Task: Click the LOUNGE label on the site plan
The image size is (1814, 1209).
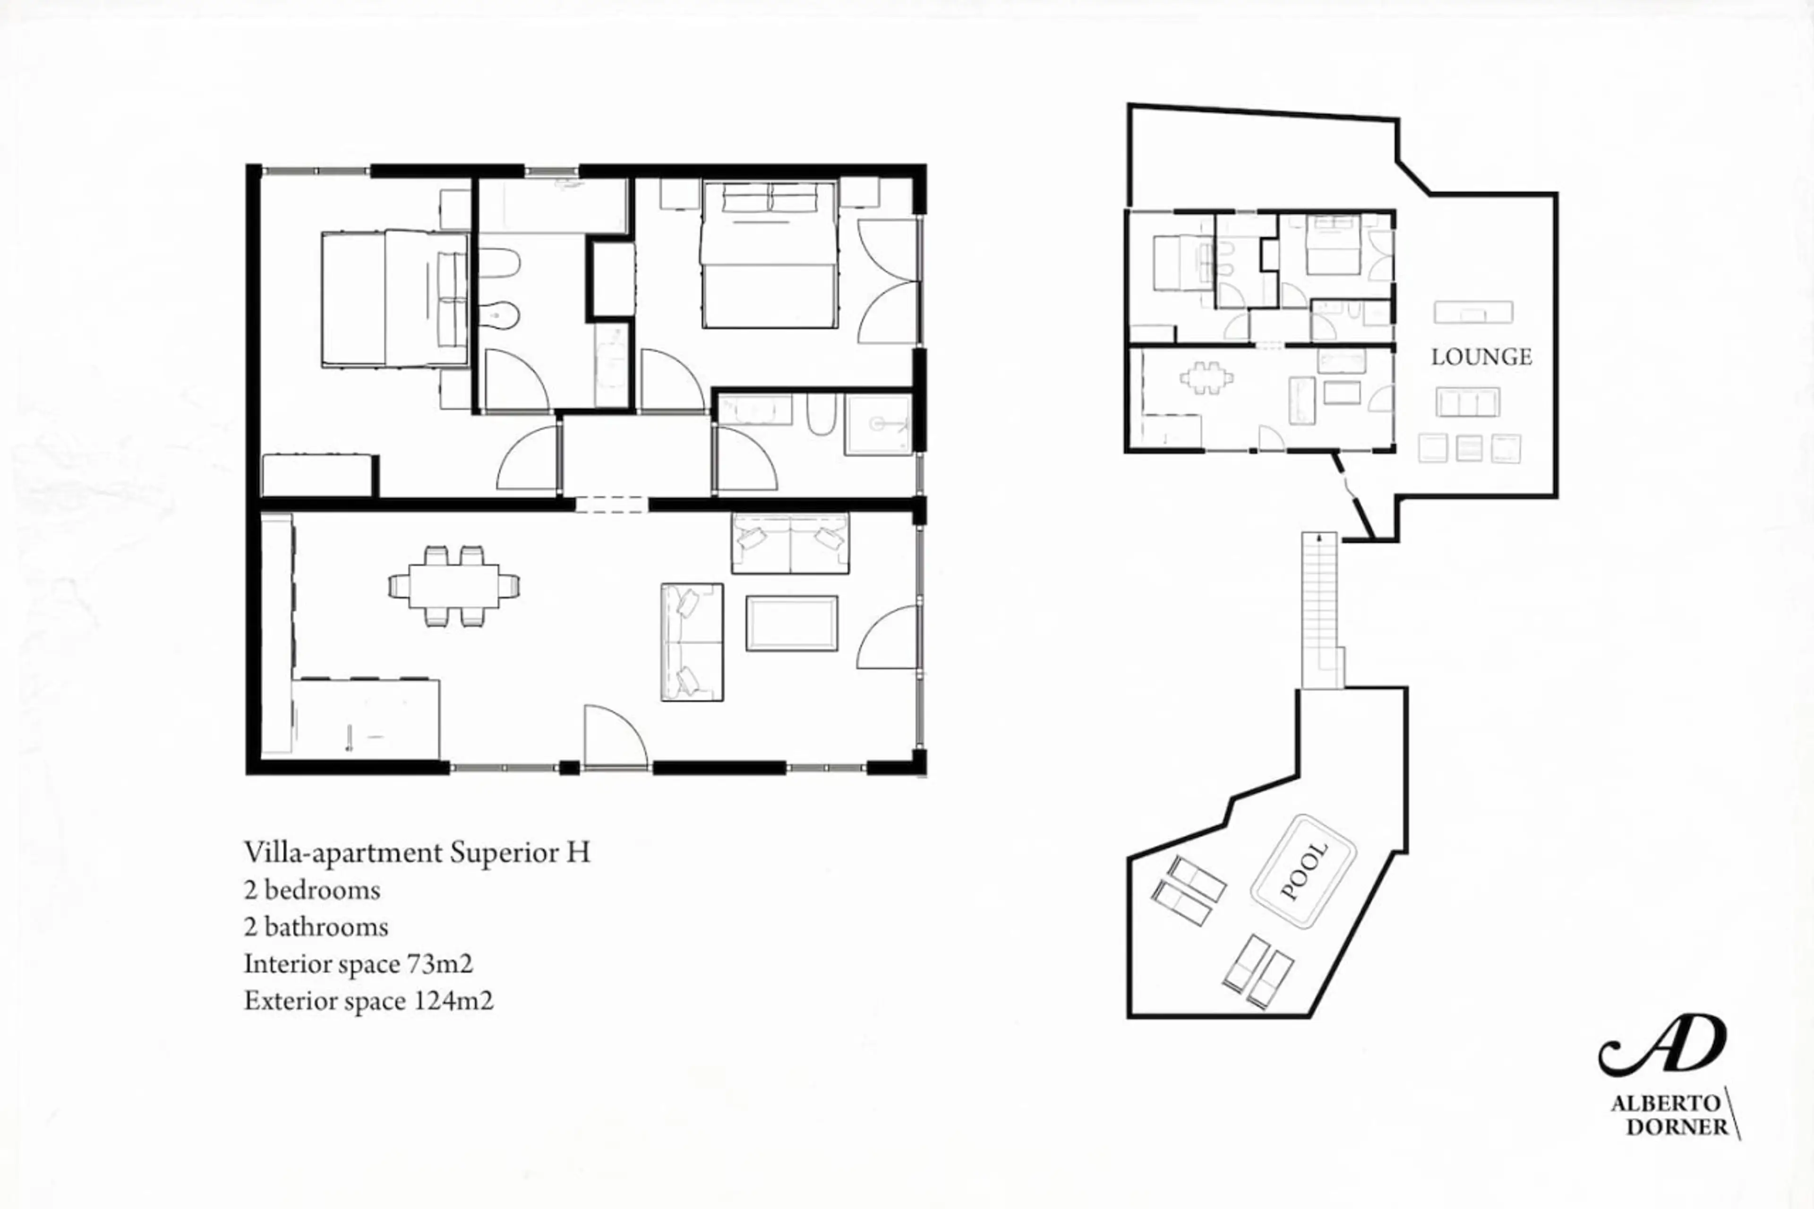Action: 1481,357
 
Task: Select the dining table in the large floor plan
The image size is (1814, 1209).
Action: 454,586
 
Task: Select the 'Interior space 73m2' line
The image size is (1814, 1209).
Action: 359,964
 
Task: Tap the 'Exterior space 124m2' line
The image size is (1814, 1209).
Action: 368,1001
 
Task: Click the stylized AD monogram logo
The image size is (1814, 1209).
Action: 1662,1045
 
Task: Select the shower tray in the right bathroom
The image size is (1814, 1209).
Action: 879,424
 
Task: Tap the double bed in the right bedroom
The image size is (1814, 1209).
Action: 769,255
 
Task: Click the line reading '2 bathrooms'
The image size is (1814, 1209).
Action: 316,927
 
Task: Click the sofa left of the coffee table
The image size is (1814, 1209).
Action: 692,642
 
